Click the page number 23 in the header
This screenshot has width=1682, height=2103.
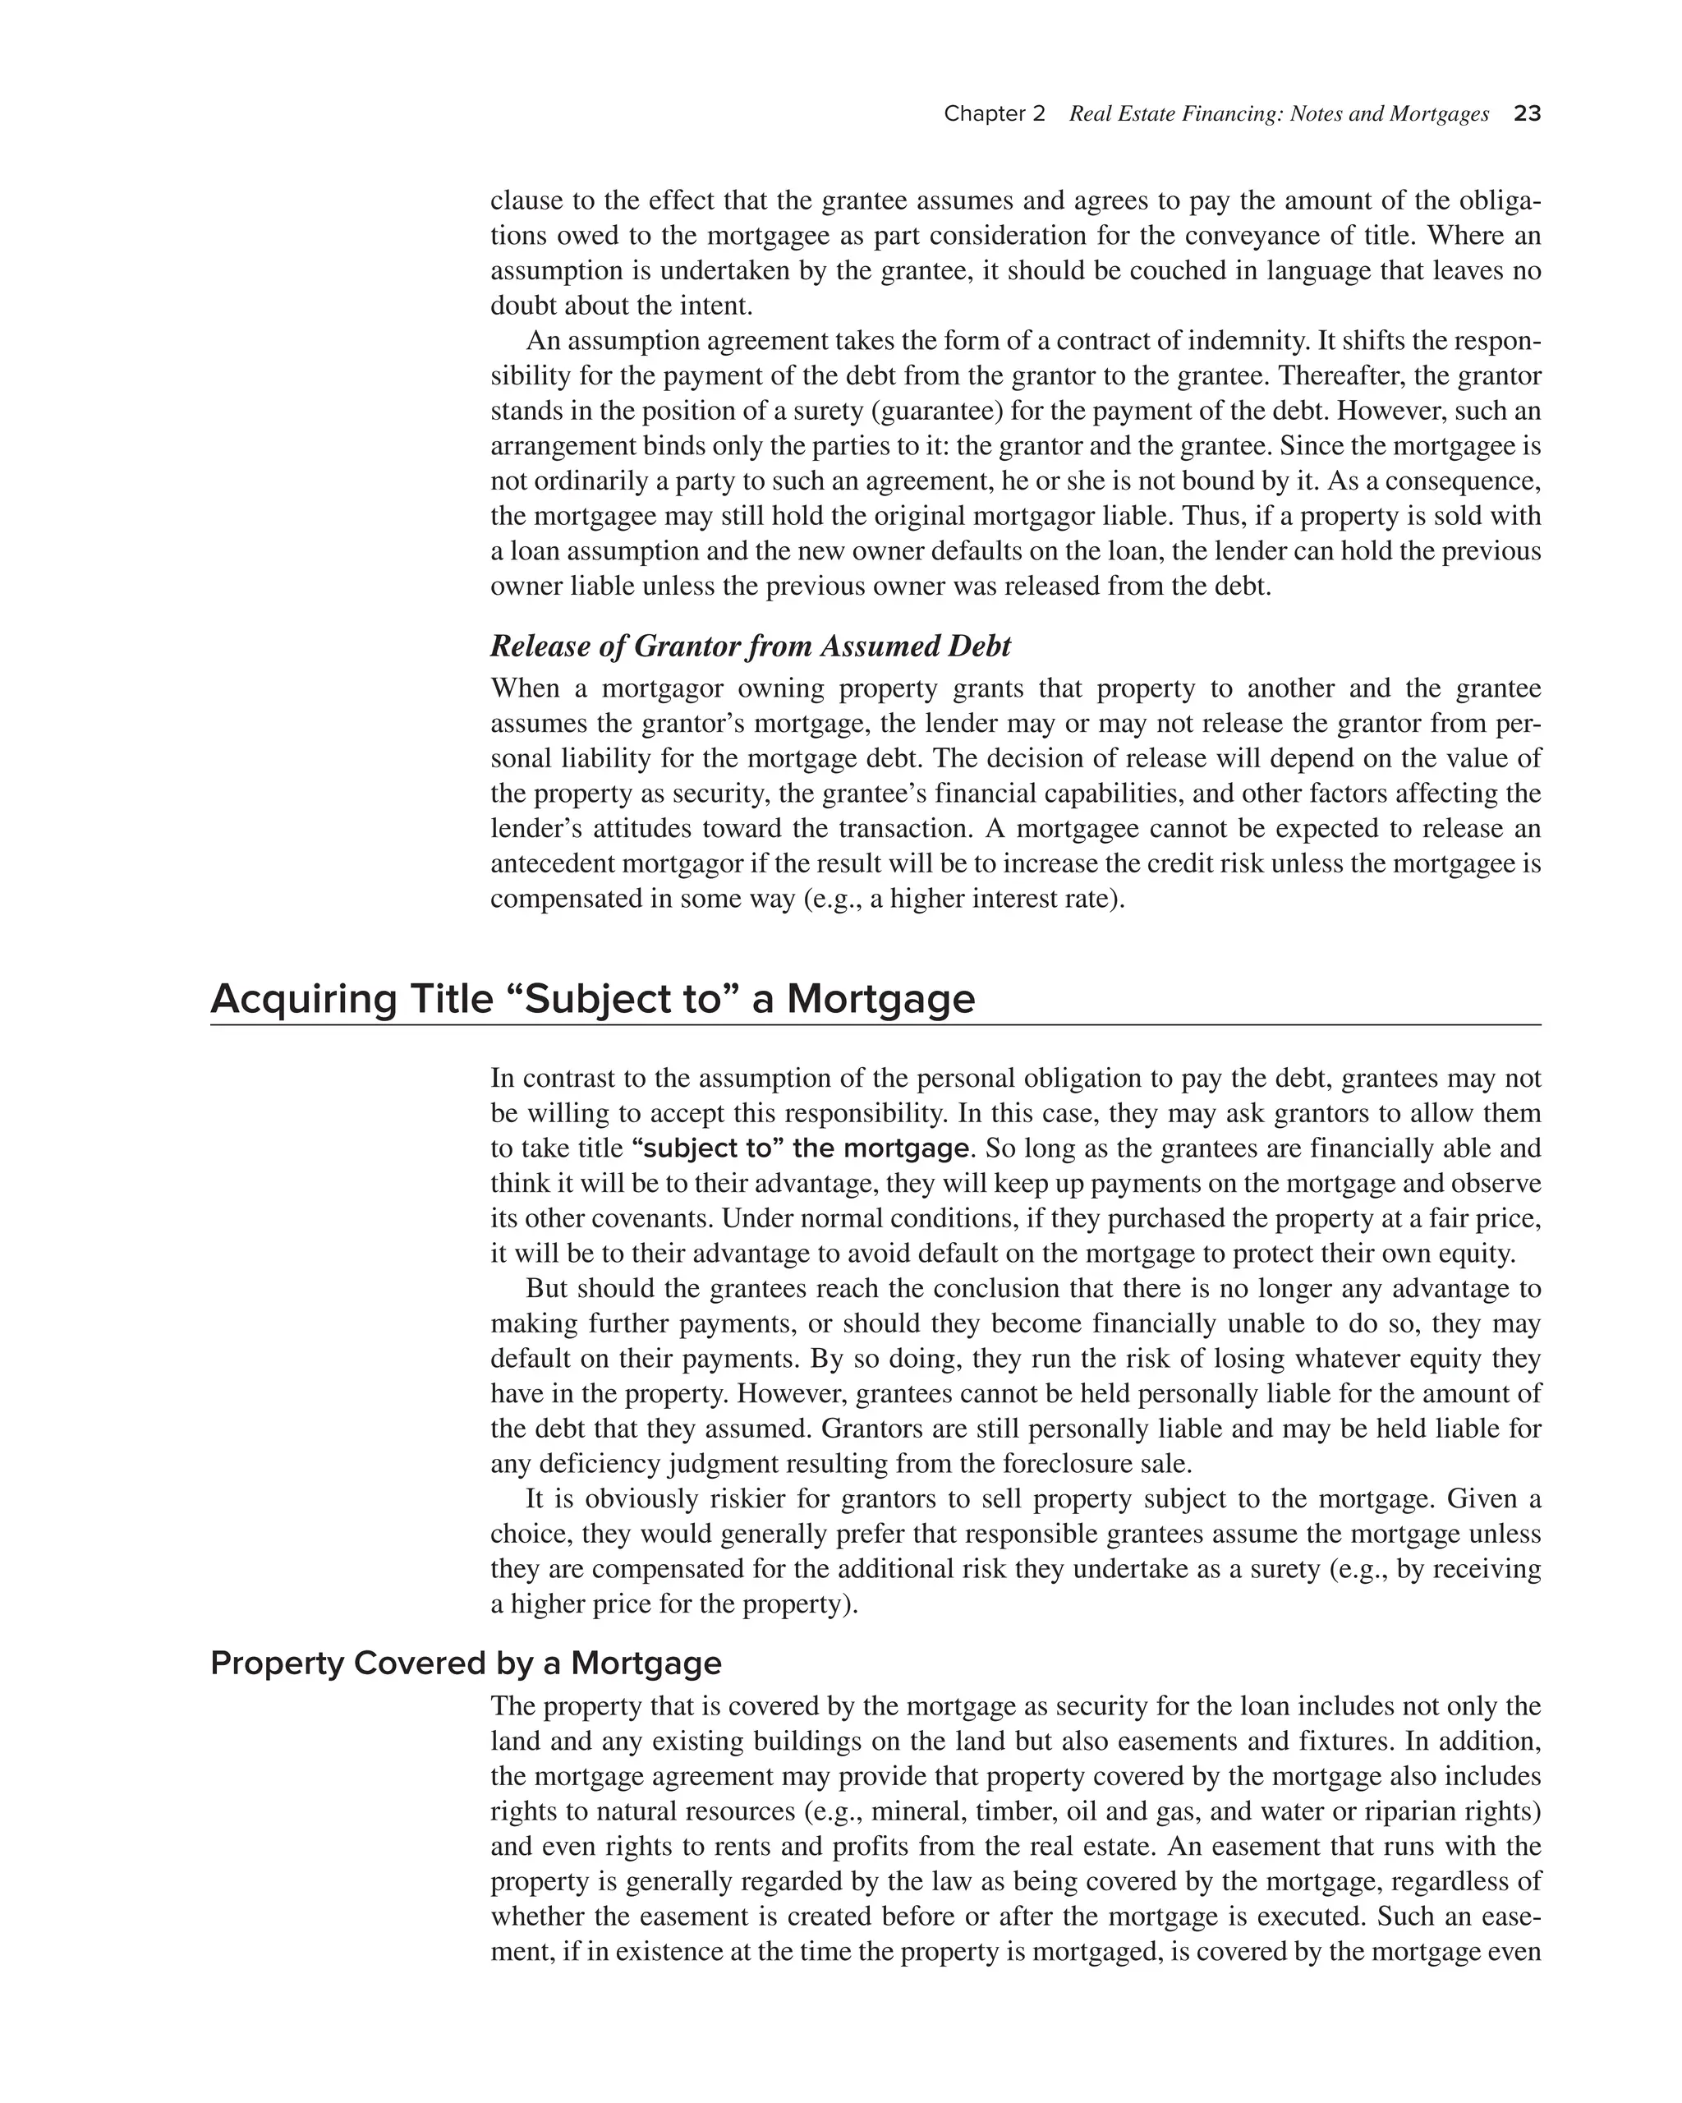click(x=1527, y=114)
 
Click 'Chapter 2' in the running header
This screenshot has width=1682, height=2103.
click(x=994, y=114)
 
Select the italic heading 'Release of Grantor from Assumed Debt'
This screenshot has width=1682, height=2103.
click(x=750, y=646)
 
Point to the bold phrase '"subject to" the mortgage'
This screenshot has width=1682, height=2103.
click(x=801, y=1148)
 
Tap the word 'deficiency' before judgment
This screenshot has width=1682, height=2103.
click(x=600, y=1464)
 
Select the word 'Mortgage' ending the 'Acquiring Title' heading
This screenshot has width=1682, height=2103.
click(x=880, y=999)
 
